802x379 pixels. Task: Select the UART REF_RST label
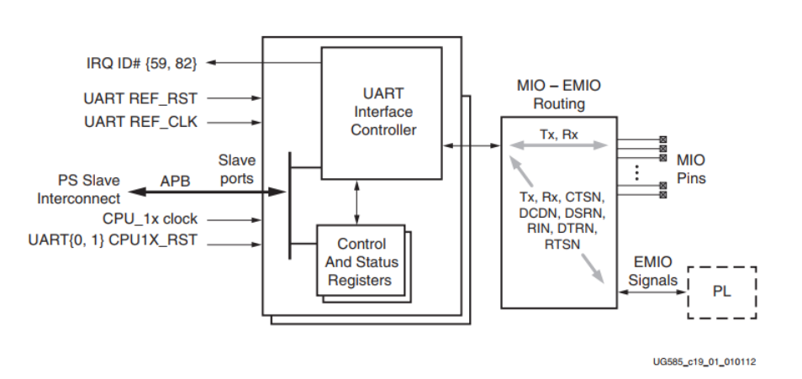tap(140, 98)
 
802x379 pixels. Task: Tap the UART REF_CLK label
tap(140, 122)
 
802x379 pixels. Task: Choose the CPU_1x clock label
tap(150, 219)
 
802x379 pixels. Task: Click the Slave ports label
tap(236, 167)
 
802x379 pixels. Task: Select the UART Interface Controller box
tap(382, 113)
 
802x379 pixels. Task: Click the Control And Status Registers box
tap(360, 261)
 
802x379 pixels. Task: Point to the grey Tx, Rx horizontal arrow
tap(558, 145)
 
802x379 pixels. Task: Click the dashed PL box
tap(721, 292)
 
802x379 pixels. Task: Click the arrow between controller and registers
tap(359, 202)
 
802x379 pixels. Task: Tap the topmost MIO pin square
tap(663, 139)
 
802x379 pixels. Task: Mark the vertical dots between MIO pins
tap(639, 171)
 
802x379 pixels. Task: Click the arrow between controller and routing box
tap(472, 145)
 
